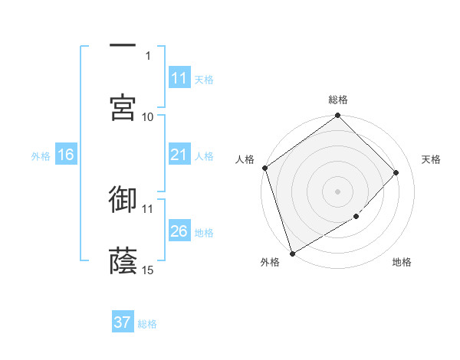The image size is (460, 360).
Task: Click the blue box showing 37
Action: pos(123,322)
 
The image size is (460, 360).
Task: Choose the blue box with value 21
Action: pos(179,155)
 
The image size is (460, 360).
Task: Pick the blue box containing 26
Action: pos(179,231)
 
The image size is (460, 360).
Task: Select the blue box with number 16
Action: pos(66,155)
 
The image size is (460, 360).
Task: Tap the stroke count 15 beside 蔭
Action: pos(148,270)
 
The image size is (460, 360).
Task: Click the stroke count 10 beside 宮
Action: pos(148,116)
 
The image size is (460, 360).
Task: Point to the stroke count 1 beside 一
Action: pos(148,55)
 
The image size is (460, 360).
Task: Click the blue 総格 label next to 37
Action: pos(147,324)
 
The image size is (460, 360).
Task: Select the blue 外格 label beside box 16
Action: pos(41,155)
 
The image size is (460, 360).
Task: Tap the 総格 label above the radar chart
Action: pos(338,100)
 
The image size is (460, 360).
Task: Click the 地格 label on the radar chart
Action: pos(402,263)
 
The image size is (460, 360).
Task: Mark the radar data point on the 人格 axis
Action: pos(264,168)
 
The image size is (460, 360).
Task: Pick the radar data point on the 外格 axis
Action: pos(292,253)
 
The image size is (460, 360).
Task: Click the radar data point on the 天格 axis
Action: pos(396,172)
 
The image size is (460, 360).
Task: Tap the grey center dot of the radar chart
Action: pos(338,191)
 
